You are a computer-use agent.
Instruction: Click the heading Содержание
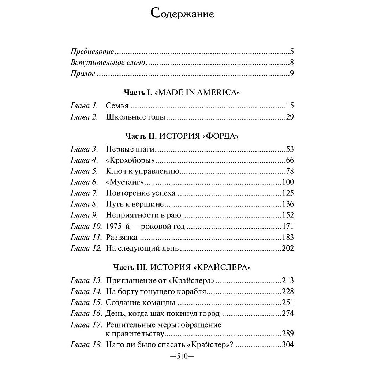click(182, 14)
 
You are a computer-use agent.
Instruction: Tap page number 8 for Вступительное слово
click(292, 63)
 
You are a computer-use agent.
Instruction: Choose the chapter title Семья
click(117, 106)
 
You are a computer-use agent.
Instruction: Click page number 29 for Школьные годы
click(290, 117)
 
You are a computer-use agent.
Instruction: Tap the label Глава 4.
click(84, 160)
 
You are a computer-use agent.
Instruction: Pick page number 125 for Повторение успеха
click(288, 193)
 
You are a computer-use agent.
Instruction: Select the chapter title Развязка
click(122, 238)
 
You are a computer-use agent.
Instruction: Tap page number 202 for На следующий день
click(288, 249)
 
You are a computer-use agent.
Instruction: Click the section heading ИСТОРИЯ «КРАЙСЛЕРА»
click(201, 267)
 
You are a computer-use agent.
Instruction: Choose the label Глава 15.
click(86, 303)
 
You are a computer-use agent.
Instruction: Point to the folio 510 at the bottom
click(182, 356)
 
